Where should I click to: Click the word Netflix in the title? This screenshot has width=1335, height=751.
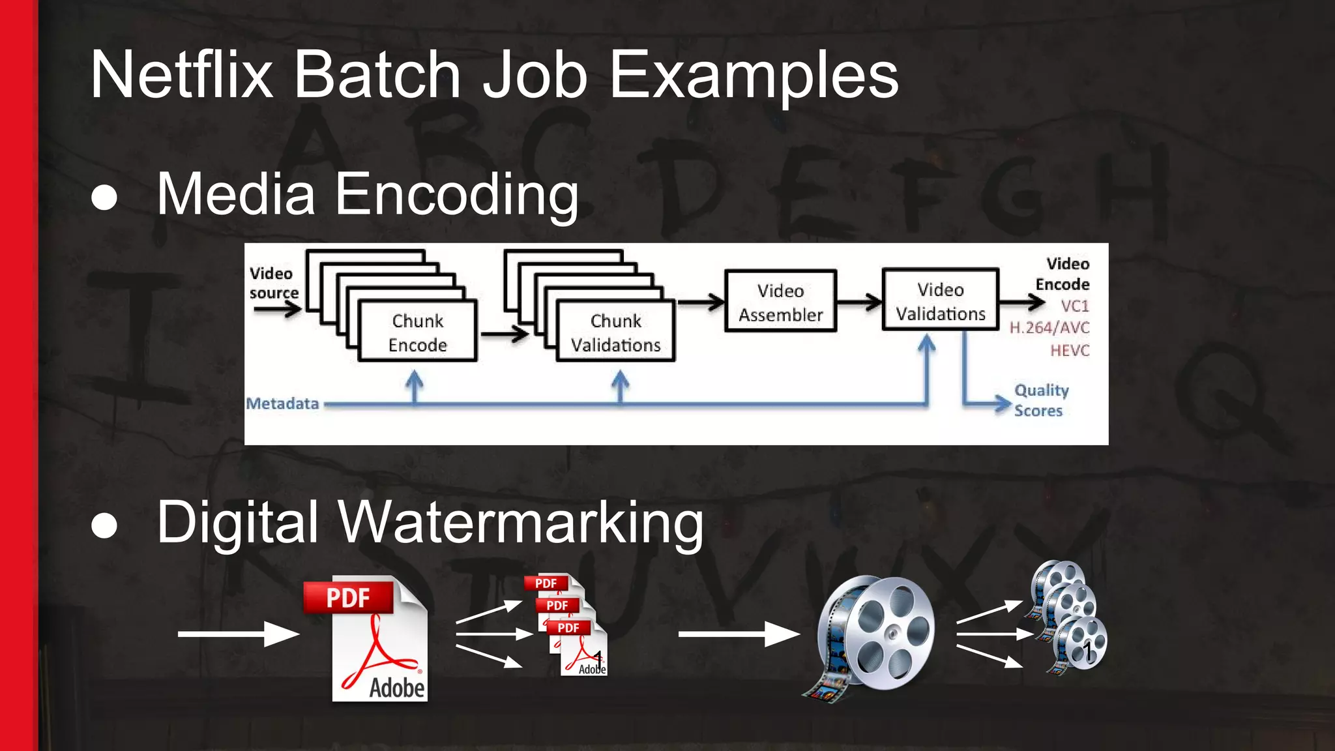point(181,75)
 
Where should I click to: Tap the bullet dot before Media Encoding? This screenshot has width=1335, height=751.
point(104,197)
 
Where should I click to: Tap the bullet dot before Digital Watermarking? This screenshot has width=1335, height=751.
point(104,525)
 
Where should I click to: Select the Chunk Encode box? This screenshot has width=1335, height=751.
point(417,332)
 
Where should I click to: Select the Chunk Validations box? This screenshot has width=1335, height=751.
point(615,332)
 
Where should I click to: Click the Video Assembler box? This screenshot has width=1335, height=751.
point(780,302)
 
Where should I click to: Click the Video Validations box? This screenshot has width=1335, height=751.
point(940,301)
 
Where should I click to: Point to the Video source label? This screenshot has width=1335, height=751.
point(272,283)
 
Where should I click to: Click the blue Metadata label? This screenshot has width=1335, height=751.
point(282,404)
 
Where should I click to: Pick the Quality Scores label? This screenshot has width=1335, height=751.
point(1040,400)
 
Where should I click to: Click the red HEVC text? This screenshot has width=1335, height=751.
point(1069,350)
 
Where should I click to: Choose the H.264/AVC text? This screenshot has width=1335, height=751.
point(1049,327)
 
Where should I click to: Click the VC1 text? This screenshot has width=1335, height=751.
point(1074,306)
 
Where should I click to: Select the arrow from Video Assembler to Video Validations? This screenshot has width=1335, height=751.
point(859,302)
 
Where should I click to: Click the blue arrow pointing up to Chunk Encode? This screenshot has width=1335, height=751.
point(415,386)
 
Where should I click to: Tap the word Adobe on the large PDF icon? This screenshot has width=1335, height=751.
point(396,688)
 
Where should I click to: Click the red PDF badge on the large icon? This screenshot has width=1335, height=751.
point(348,597)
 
